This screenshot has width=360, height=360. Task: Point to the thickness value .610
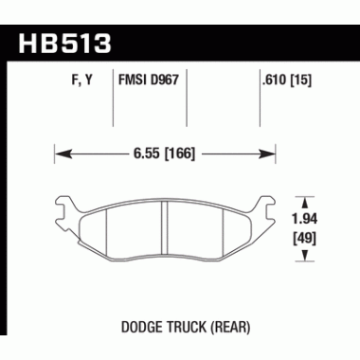[x=273, y=83]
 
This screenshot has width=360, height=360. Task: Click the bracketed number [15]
[x=302, y=83]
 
